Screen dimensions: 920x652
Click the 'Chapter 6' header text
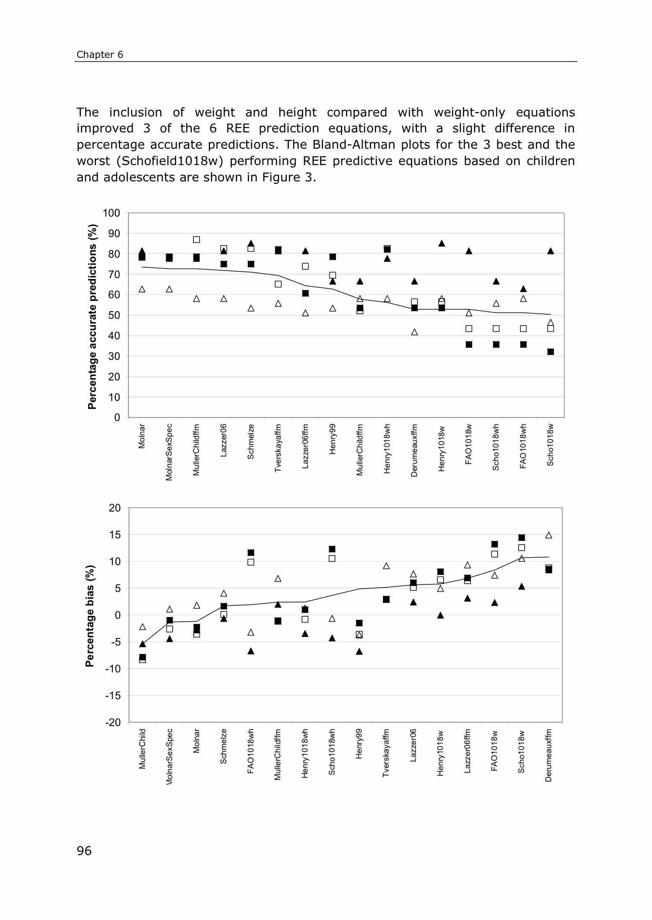(100, 55)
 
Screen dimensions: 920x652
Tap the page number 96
(84, 851)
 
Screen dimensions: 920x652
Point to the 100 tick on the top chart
(111, 213)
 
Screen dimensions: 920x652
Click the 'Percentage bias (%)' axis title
(90, 616)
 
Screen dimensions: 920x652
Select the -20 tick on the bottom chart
(112, 723)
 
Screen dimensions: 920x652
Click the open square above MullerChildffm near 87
(196, 240)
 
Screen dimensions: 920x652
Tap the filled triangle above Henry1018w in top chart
(442, 243)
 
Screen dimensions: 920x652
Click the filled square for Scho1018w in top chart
(551, 352)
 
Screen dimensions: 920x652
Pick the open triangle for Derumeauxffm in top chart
(414, 332)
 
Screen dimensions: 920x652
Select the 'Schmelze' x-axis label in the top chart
(251, 442)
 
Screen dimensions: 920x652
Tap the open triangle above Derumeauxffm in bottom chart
(548, 535)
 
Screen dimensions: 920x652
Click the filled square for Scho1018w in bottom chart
(522, 538)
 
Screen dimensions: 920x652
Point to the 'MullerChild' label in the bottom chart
(143, 749)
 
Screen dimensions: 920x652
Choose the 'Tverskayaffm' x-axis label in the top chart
(278, 448)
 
